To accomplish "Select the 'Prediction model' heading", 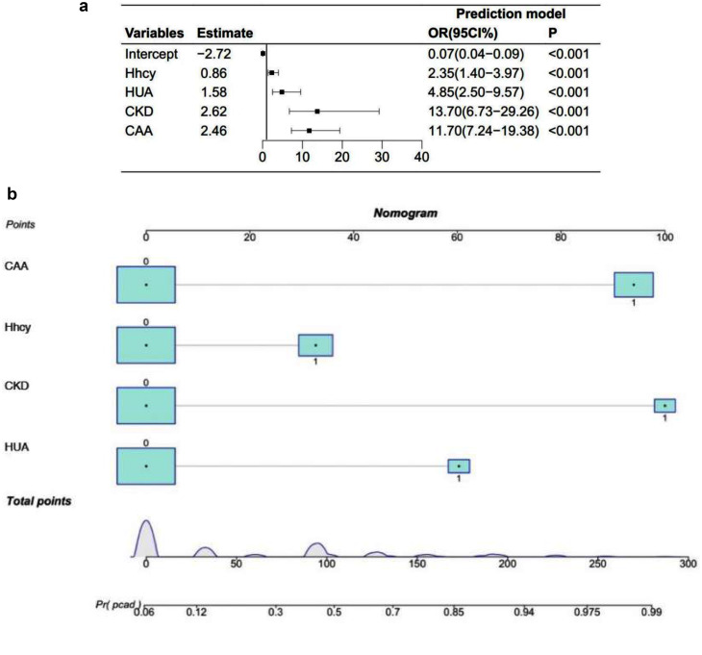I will pos(511,14).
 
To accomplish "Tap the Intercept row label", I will pos(149,54).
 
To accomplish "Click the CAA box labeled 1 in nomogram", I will pos(634,285).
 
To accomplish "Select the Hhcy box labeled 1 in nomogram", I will pos(315,345).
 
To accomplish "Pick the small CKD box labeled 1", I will pos(664,405).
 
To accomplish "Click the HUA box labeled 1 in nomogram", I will pos(459,466).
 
